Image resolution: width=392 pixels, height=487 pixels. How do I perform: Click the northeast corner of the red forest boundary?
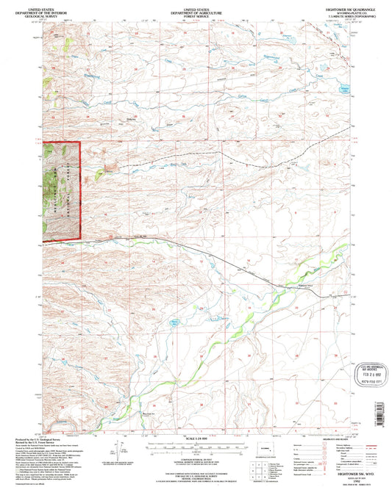pos(79,142)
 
